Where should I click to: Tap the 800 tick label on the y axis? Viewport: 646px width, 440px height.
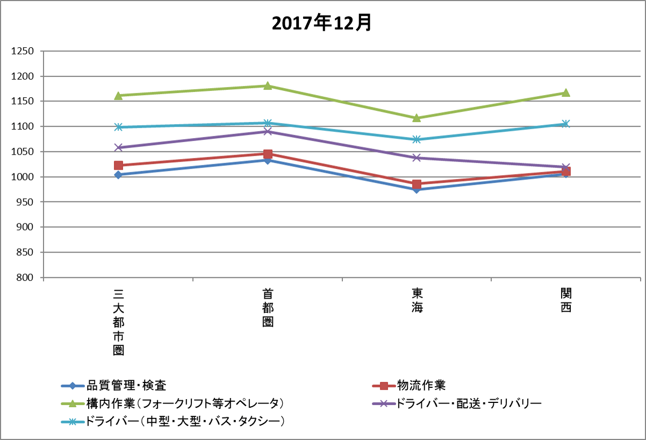(26, 278)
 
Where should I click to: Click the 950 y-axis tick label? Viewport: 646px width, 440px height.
(26, 203)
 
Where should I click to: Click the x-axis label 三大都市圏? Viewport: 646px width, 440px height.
(118, 322)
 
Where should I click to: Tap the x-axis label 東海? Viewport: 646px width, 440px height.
(417, 301)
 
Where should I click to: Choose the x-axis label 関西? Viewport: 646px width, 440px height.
(565, 301)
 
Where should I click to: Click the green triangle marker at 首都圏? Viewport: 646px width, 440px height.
(267, 85)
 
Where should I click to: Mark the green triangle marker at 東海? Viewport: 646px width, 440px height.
(417, 118)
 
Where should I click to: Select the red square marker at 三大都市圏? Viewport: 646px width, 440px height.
(118, 165)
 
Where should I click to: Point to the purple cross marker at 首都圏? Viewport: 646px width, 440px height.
(267, 132)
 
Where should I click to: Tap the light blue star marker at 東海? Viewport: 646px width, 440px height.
(417, 140)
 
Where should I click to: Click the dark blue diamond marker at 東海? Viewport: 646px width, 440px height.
(417, 190)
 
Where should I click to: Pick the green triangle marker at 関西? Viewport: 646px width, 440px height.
(565, 92)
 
